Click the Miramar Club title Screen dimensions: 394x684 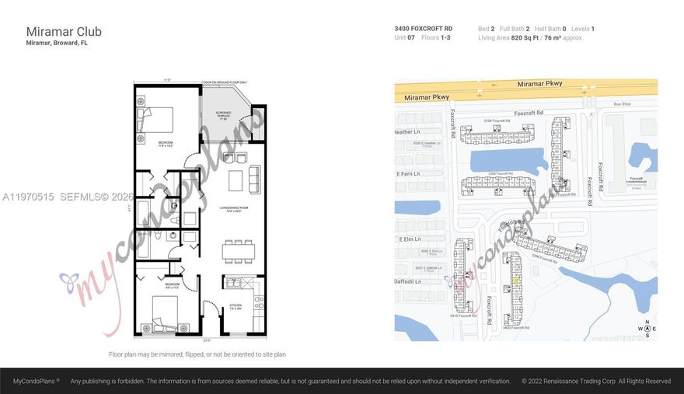(x=64, y=32)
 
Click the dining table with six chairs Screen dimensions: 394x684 (x=238, y=252)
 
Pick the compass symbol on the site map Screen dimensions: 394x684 (x=644, y=329)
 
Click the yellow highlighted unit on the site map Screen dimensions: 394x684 (x=516, y=281)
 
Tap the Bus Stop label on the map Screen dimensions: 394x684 (x=621, y=103)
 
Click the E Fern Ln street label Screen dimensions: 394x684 (x=408, y=174)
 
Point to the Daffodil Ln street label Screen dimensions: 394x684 (x=408, y=282)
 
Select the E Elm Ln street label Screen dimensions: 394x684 (x=409, y=240)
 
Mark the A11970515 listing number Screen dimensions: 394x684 (x=28, y=197)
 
